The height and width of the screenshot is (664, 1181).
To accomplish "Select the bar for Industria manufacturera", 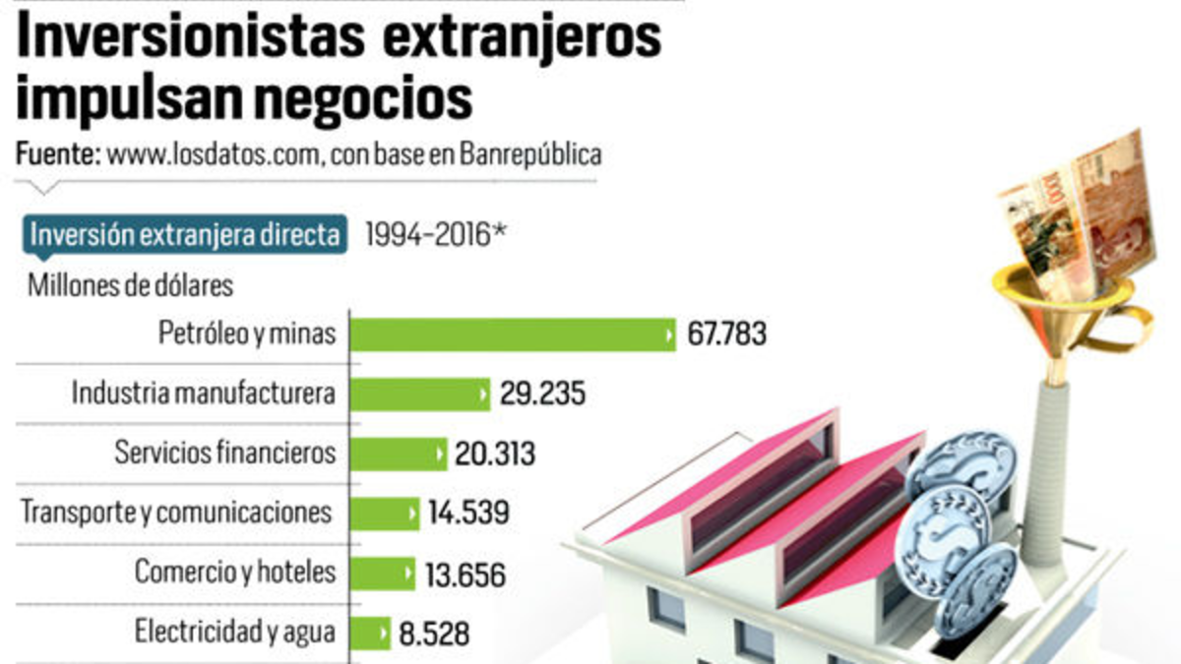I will click(x=420, y=394).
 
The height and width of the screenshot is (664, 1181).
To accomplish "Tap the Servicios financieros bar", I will click(x=399, y=453).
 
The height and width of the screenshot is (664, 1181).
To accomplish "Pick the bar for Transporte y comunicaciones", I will click(x=385, y=513).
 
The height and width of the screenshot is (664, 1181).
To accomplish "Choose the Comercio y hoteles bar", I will click(x=383, y=573).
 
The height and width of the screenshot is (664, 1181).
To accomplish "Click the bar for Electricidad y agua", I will click(x=370, y=632).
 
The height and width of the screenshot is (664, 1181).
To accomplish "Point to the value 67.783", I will click(x=726, y=334).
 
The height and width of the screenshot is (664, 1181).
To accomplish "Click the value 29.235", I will click(x=541, y=394).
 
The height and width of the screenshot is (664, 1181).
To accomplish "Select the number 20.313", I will click(x=495, y=453).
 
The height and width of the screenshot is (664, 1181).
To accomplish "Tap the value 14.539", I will click(x=468, y=513).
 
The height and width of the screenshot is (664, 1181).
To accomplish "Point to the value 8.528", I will click(x=434, y=632).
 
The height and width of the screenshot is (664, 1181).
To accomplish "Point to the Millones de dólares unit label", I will click(x=131, y=286).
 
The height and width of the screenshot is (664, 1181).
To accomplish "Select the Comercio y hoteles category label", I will click(x=235, y=572).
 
